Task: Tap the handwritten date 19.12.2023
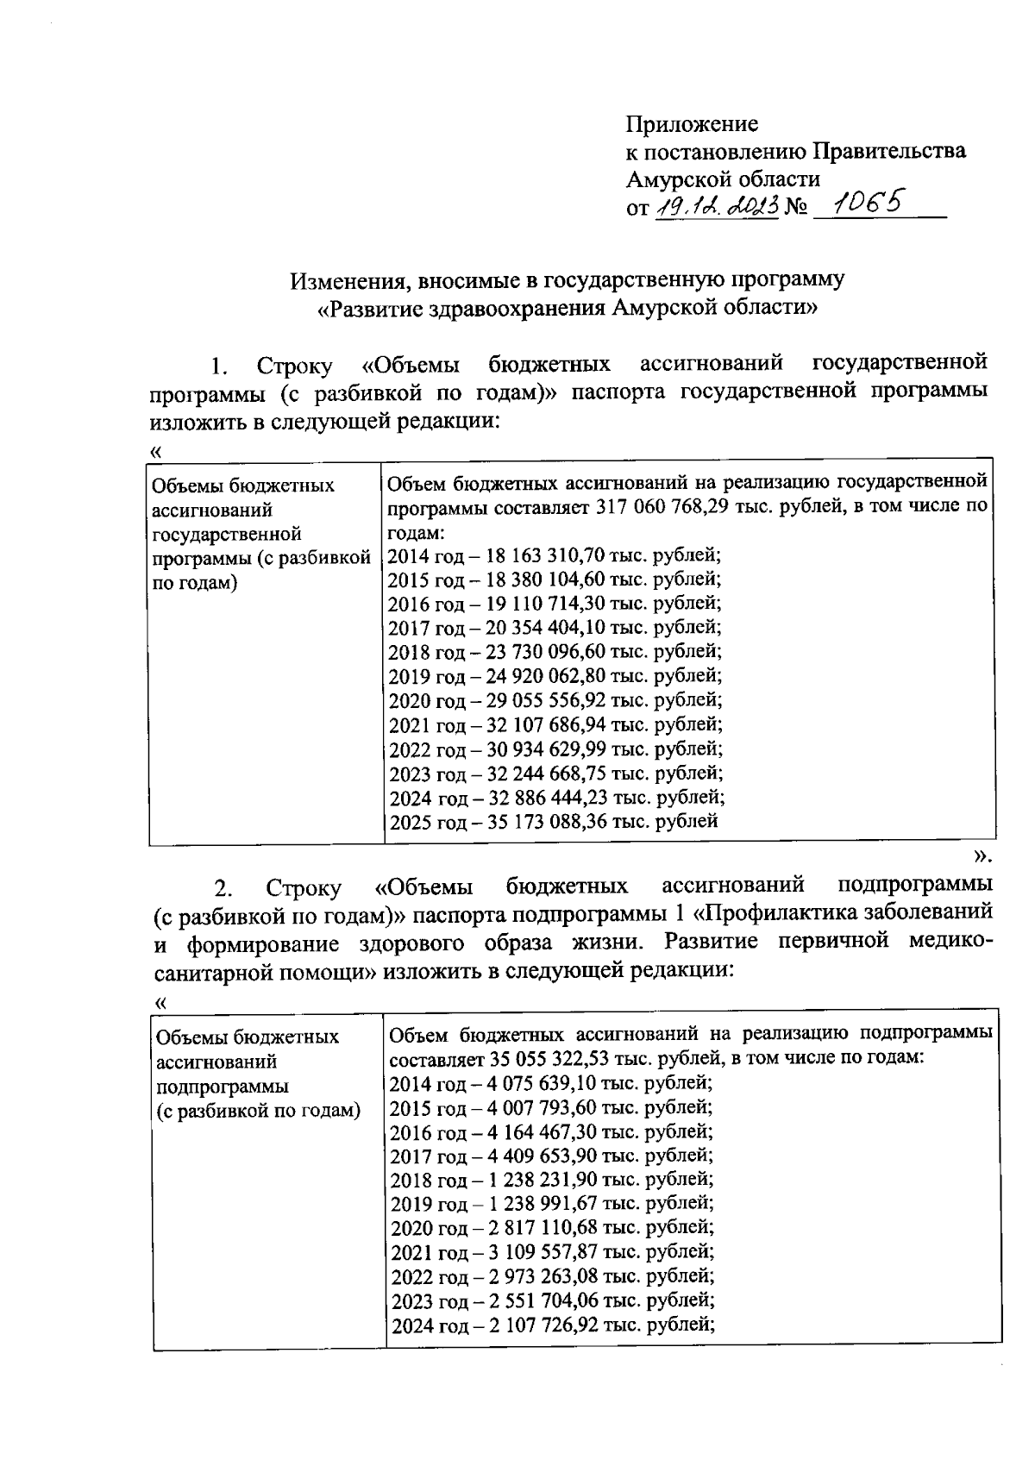pos(716,206)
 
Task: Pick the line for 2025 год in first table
pos(553,821)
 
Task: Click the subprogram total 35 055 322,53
pos(554,1057)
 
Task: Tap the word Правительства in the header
pos(890,152)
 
